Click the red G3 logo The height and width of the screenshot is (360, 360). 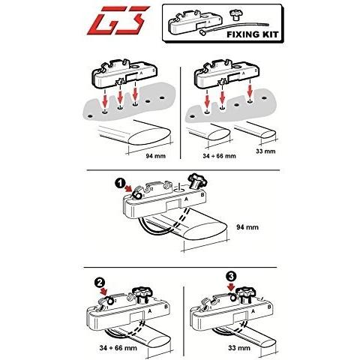[x=118, y=20]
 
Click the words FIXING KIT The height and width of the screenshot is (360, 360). [x=253, y=34]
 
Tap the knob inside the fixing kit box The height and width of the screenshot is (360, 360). [x=235, y=16]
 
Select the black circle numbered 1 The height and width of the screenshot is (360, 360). [x=120, y=184]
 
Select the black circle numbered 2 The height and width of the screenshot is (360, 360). [x=100, y=283]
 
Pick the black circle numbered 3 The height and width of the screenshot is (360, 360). [x=231, y=277]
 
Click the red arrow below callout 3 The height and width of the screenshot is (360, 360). [x=232, y=287]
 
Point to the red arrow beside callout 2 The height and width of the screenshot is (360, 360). [x=104, y=292]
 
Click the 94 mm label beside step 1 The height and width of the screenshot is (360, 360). [x=247, y=227]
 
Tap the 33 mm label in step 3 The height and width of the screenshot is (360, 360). [x=239, y=348]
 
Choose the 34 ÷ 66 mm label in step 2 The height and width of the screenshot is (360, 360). [x=118, y=348]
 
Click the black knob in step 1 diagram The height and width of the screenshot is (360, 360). [x=198, y=181]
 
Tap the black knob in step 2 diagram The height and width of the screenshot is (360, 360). [x=142, y=295]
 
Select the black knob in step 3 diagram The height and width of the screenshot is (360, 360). [x=247, y=295]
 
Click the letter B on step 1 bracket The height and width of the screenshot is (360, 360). [x=202, y=195]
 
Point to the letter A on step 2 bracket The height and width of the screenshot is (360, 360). [x=150, y=311]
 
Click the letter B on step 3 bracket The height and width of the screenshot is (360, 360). [x=269, y=307]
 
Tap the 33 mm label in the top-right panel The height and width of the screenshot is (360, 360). [x=265, y=151]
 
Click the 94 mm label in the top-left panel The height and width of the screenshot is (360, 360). [x=156, y=156]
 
